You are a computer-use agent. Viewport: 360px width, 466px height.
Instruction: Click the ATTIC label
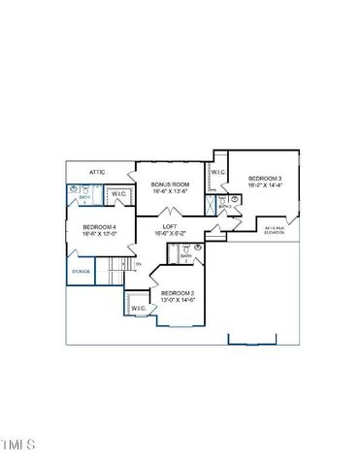click(97, 172)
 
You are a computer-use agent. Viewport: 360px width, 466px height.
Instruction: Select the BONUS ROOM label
click(170, 183)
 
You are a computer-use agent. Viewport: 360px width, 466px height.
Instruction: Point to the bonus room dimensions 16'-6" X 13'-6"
click(170, 191)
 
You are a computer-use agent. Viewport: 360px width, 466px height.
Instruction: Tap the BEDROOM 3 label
click(265, 179)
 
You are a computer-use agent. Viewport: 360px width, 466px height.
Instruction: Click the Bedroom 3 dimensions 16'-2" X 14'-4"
click(265, 185)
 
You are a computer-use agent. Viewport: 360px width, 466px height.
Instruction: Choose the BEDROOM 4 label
click(100, 227)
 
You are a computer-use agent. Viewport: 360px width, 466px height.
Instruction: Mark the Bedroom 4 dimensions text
click(100, 234)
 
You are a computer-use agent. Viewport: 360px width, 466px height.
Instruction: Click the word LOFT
click(170, 226)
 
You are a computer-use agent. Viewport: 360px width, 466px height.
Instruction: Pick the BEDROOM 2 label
click(179, 293)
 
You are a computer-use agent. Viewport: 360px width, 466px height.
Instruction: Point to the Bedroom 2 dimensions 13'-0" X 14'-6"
click(179, 300)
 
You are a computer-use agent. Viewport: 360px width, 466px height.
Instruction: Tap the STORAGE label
click(82, 272)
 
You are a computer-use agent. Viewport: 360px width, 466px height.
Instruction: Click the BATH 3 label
click(224, 206)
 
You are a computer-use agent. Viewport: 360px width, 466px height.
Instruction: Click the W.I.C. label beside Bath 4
click(118, 194)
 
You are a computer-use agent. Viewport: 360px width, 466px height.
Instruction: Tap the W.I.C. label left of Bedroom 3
click(219, 173)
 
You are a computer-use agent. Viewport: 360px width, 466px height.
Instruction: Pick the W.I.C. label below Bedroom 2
click(139, 309)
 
